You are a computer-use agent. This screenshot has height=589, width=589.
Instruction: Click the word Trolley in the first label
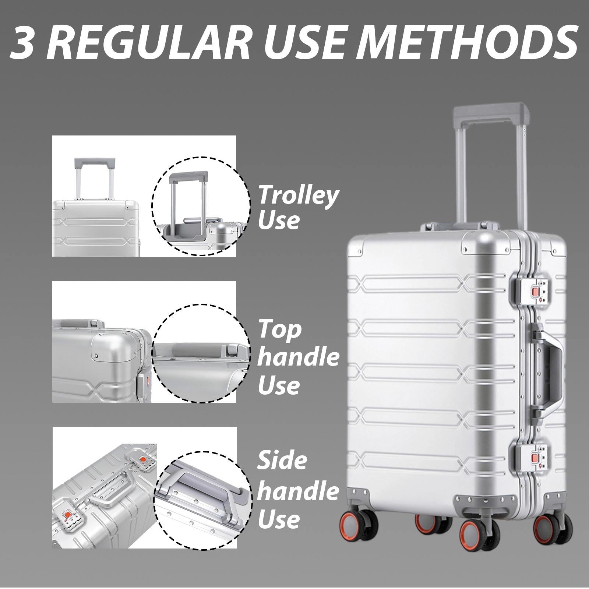pos(298,195)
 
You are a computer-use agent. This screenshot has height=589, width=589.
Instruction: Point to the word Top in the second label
pos(279,329)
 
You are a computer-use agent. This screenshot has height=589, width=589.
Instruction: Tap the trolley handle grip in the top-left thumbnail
pos(95,162)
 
